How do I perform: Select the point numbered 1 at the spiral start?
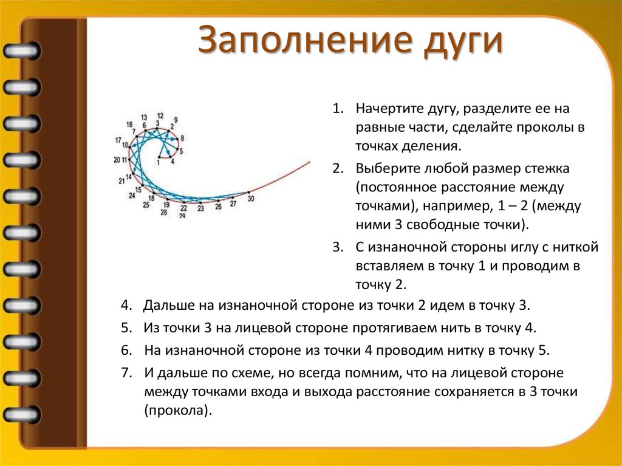pos(159,156)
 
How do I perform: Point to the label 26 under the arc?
pos(218,207)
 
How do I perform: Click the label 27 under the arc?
pos(233,204)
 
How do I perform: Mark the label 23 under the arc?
pos(200,208)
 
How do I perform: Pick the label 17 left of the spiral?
pos(118,140)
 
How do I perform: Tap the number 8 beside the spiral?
pos(182,139)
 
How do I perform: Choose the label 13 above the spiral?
pos(144,117)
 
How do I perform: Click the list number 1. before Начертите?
pos(338,109)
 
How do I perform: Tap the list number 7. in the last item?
pos(126,372)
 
